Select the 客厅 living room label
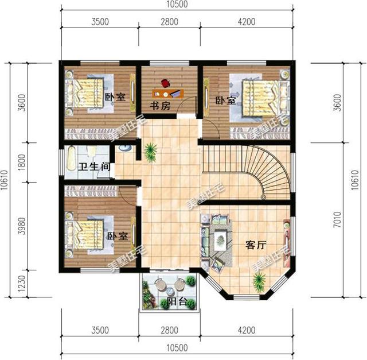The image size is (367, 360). click(x=256, y=245)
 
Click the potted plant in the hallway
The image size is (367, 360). click(x=151, y=151)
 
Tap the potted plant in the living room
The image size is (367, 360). click(x=259, y=280)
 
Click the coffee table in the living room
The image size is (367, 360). click(x=219, y=241)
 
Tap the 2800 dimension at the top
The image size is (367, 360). click(x=169, y=22)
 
